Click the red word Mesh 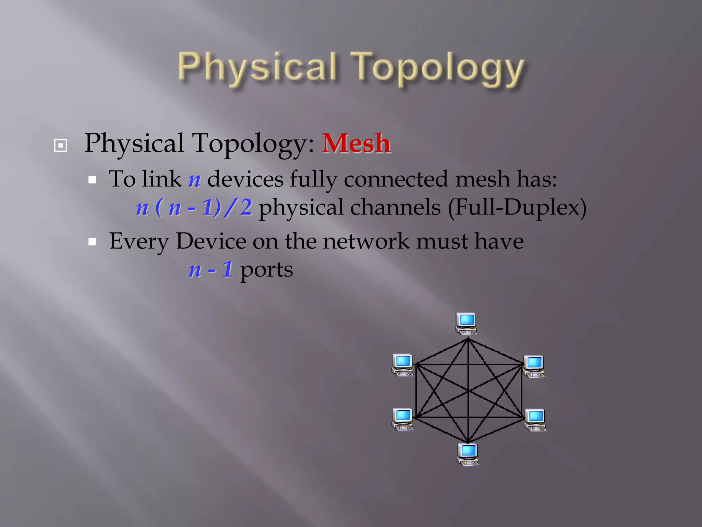coord(356,143)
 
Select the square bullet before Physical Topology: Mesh coord(61,145)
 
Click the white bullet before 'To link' coord(92,180)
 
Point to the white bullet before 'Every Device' coord(92,242)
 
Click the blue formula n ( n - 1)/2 coord(194,208)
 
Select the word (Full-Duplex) coord(517,208)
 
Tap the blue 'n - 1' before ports coord(211,270)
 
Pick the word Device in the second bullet coord(211,241)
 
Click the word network coord(366,241)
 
